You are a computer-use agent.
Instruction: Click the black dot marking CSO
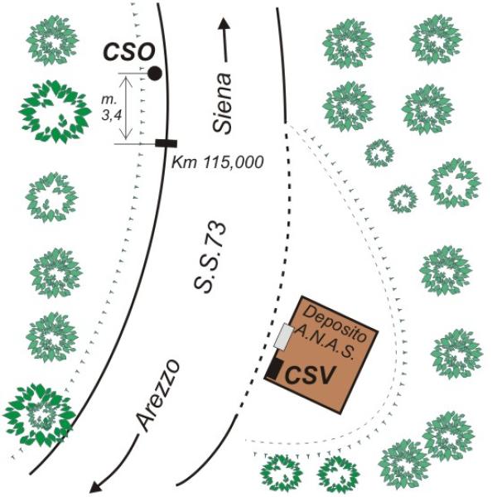[155, 74]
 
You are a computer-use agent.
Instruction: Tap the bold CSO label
[129, 52]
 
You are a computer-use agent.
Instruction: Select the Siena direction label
[223, 103]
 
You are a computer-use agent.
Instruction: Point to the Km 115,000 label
[217, 162]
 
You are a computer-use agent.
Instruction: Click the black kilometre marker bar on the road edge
[166, 143]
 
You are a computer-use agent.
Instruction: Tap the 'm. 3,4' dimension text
[111, 108]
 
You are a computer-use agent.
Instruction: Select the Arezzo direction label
[157, 395]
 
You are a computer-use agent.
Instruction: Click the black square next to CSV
[274, 369]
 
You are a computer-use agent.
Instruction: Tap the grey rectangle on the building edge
[283, 336]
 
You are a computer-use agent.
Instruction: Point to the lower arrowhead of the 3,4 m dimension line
[127, 137]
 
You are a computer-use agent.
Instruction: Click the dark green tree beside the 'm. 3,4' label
[55, 112]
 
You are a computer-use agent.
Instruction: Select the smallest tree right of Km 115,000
[403, 199]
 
